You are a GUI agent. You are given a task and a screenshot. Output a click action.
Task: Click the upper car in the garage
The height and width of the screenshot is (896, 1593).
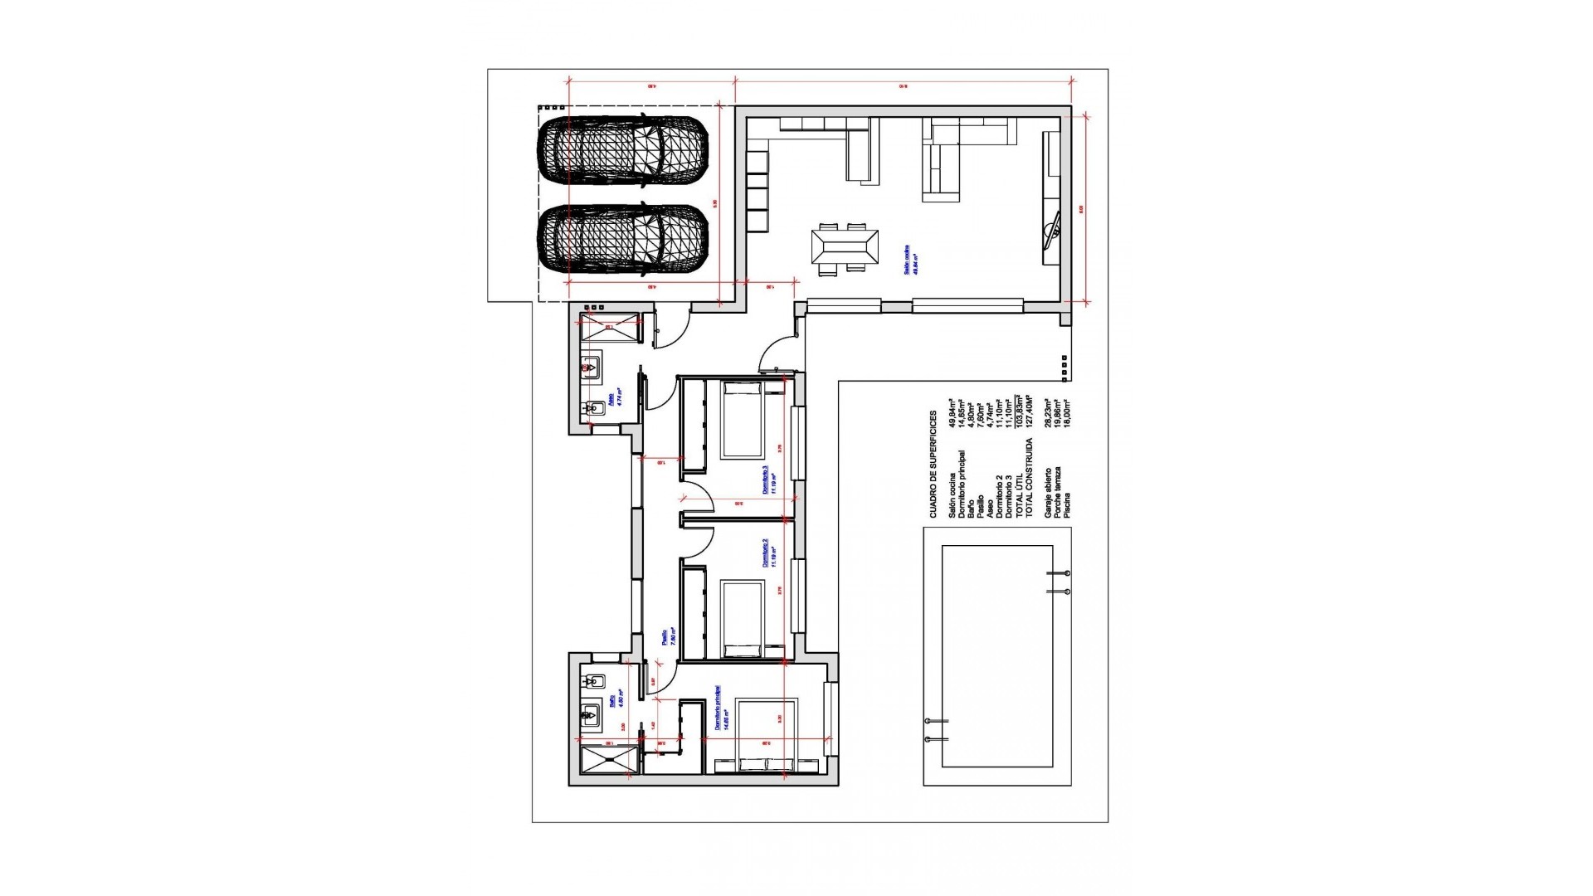tap(622, 150)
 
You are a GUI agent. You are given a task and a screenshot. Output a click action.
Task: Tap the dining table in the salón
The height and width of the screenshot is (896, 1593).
tap(845, 247)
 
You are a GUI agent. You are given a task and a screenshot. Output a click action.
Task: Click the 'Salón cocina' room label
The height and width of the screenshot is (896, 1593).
tap(911, 261)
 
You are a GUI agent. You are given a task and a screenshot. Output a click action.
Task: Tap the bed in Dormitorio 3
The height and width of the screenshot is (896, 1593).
tap(742, 419)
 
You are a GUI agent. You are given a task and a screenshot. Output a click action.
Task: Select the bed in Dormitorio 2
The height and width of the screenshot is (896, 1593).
tap(742, 618)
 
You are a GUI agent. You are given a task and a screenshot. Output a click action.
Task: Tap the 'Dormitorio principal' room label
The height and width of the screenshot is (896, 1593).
tap(720, 707)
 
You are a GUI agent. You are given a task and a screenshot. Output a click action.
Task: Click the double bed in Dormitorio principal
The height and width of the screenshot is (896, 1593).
tap(767, 735)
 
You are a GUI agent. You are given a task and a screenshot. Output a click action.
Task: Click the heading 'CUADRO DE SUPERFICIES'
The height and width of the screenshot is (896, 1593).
tap(933, 465)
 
